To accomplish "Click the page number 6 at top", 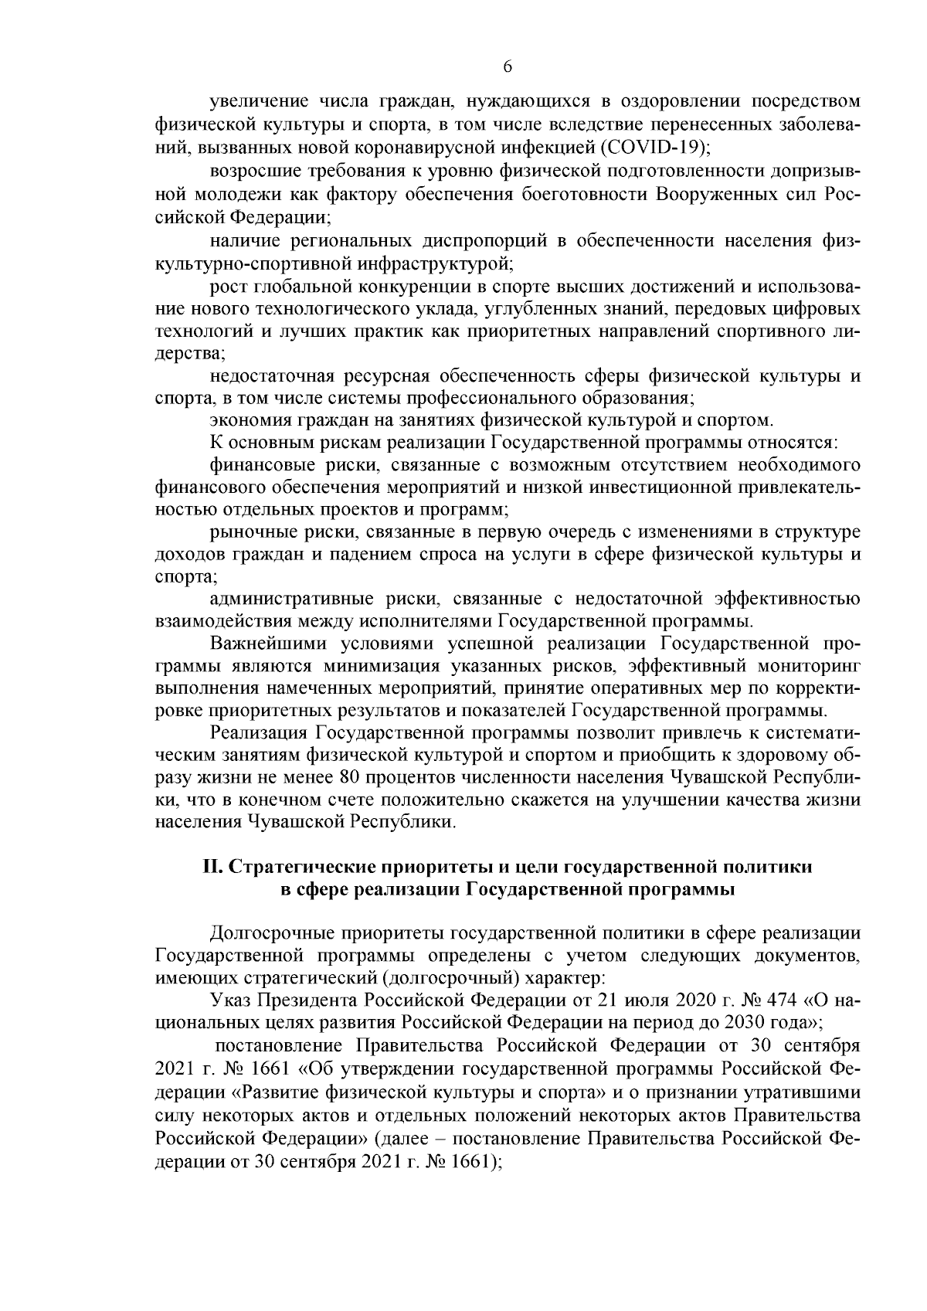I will pos(508,67).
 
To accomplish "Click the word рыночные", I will pos(249,532).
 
